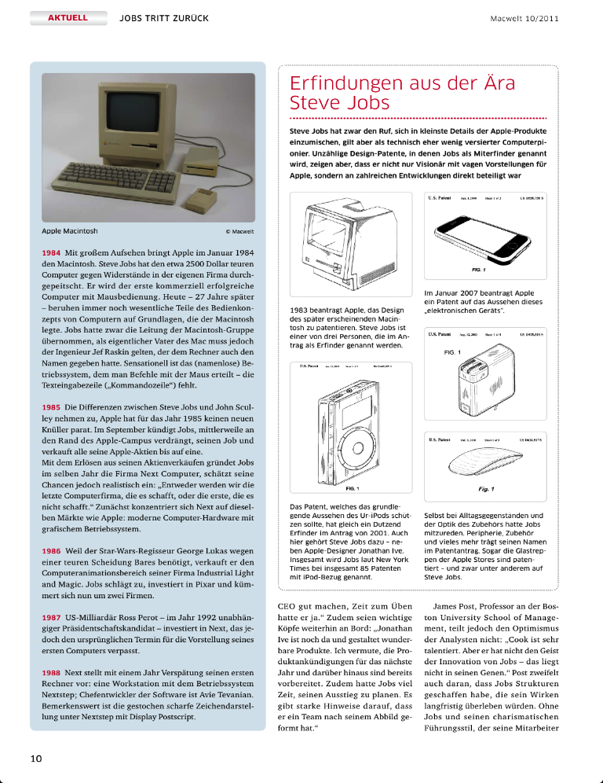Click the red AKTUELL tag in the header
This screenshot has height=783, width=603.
click(x=67, y=17)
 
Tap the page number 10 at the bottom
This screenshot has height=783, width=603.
click(x=36, y=758)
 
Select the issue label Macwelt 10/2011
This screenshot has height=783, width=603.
click(x=524, y=17)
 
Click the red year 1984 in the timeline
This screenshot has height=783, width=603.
click(x=52, y=253)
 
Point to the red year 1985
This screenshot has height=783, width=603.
click(x=52, y=409)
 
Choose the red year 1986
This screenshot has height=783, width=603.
click(x=52, y=551)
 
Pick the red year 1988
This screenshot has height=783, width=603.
click(x=52, y=675)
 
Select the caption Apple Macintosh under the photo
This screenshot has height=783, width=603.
click(x=70, y=232)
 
